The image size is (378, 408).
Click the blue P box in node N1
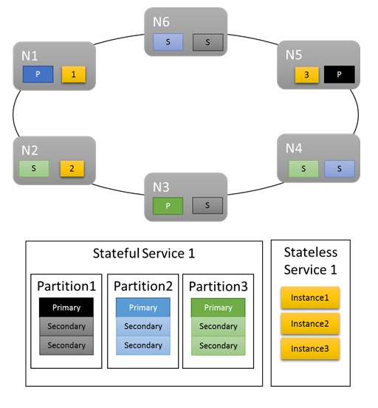pyautogui.click(x=37, y=75)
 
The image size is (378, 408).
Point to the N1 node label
pyautogui.click(x=30, y=55)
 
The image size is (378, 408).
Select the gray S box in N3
pyautogui.click(x=207, y=207)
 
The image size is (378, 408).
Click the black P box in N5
pyautogui.click(x=340, y=75)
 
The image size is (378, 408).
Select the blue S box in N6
pyautogui.click(x=168, y=42)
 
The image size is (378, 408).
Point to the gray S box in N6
pyautogui.click(x=207, y=42)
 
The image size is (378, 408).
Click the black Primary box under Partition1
pyautogui.click(x=66, y=307)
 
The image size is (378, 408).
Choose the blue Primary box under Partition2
pyautogui.click(x=143, y=307)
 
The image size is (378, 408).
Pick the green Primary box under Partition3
pyautogui.click(x=219, y=307)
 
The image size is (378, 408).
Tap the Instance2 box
pyautogui.click(x=310, y=323)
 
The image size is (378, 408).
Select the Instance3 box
pyautogui.click(x=310, y=348)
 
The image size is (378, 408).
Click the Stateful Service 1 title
pyautogui.click(x=144, y=254)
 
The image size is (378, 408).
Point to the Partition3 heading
pyautogui.click(x=219, y=286)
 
